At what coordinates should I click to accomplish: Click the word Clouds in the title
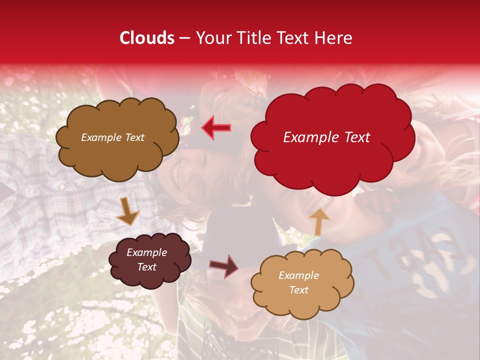pos(147,38)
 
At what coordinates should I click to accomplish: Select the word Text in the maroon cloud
pos(147,267)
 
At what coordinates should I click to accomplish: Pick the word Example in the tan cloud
pos(298,275)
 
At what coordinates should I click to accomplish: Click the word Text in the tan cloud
pos(298,290)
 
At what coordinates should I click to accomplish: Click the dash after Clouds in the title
pos(184,38)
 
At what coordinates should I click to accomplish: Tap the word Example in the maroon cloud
pos(147,252)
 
